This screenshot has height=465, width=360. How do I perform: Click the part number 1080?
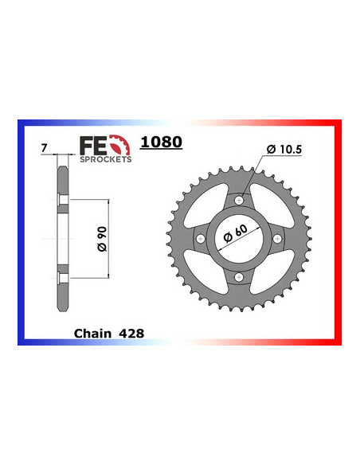(161, 143)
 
